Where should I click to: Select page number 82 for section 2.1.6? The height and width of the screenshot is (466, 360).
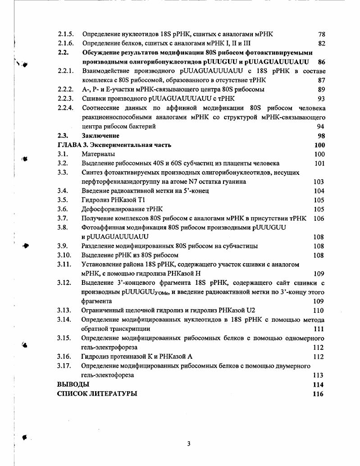click(321, 43)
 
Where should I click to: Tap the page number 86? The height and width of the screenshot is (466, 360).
click(321, 62)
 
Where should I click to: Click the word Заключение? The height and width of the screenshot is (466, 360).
click(100, 136)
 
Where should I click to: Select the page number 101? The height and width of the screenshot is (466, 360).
click(319, 164)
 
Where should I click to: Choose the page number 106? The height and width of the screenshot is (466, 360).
click(319, 219)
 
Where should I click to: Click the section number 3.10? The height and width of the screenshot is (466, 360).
click(64, 256)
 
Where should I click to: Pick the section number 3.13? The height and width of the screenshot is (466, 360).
click(64, 311)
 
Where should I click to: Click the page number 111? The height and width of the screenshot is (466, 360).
click(319, 329)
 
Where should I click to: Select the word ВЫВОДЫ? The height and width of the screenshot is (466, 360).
click(73, 384)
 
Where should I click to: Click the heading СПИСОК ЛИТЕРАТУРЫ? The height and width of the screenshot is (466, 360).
click(97, 394)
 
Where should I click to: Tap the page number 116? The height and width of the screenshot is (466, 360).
click(318, 394)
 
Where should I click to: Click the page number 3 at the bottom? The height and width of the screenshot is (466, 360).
click(189, 443)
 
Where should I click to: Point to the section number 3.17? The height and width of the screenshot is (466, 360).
click(64, 365)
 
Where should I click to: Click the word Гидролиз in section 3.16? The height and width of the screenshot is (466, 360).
click(95, 356)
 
